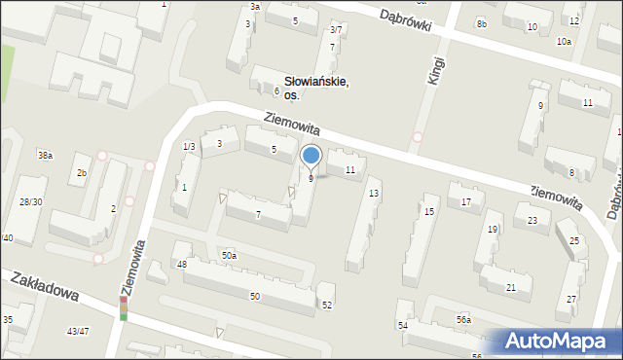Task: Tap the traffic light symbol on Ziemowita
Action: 123,308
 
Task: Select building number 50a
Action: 228,255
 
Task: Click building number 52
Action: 327,306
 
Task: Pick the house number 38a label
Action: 45,156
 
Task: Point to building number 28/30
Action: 30,201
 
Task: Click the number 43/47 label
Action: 78,332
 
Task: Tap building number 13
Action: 374,194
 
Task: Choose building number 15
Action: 428,211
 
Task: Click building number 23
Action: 532,221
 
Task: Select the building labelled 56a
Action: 463,319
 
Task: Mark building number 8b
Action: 481,22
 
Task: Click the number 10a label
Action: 564,42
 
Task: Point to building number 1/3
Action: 189,146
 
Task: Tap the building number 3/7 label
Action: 335,30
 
